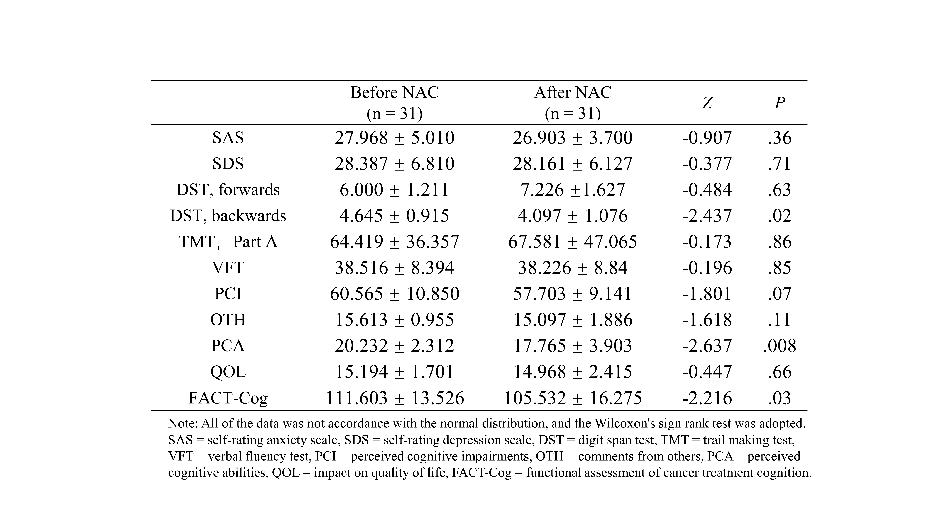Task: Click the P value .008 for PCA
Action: [x=780, y=346]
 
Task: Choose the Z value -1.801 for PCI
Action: [x=707, y=294]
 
